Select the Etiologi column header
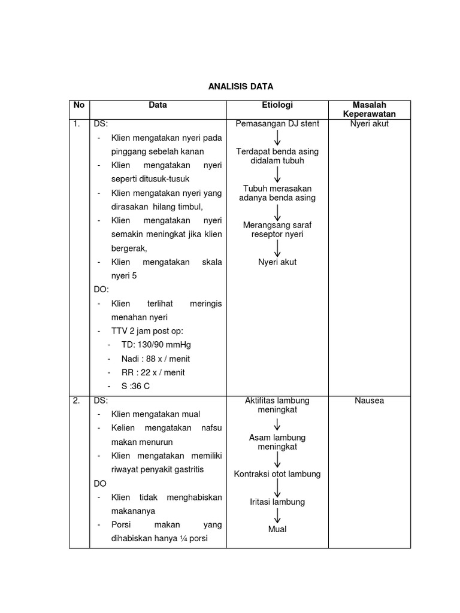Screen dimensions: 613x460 pyautogui.click(x=277, y=105)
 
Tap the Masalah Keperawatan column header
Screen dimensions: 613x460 pyautogui.click(x=369, y=110)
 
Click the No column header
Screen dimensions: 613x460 pyautogui.click(x=78, y=105)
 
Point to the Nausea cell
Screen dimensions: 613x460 pyautogui.click(x=369, y=400)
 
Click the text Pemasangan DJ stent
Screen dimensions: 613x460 pyautogui.click(x=277, y=124)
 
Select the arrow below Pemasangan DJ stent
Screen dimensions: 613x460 pyautogui.click(x=277, y=138)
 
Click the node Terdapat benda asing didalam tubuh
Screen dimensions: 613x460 pyautogui.click(x=277, y=156)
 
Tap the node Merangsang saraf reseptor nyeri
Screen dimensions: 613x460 pyautogui.click(x=277, y=230)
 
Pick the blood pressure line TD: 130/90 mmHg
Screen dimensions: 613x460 pyautogui.click(x=156, y=345)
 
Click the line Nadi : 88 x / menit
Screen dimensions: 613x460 pyautogui.click(x=155, y=359)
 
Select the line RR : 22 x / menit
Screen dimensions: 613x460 pyautogui.click(x=153, y=372)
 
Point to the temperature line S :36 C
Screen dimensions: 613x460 pyautogui.click(x=135, y=386)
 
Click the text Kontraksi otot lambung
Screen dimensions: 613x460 pyautogui.click(x=277, y=474)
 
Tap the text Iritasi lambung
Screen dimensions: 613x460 pyautogui.click(x=277, y=502)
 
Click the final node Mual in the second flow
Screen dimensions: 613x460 pyautogui.click(x=277, y=529)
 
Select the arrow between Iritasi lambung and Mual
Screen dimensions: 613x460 pyautogui.click(x=277, y=515)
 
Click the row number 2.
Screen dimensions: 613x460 pyautogui.click(x=77, y=400)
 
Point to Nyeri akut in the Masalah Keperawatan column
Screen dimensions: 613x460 pyautogui.click(x=369, y=124)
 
